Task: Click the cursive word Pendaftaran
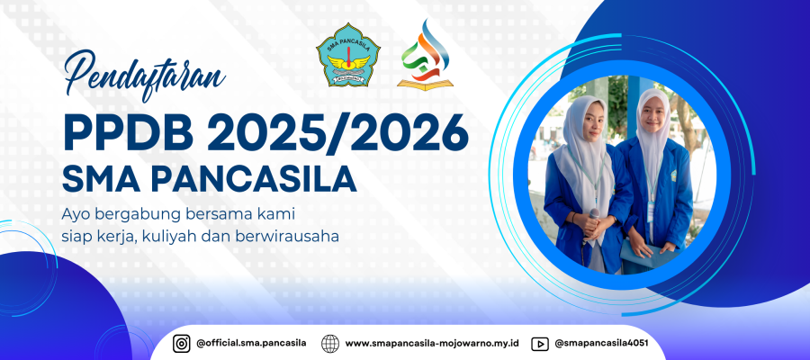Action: [x=145, y=76]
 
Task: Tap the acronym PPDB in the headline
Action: [x=128, y=134]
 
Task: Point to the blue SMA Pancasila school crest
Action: [x=348, y=54]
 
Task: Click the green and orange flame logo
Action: [x=425, y=55]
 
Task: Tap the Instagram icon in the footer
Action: [x=181, y=343]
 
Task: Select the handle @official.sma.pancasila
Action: [x=252, y=343]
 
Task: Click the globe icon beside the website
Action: [x=330, y=344]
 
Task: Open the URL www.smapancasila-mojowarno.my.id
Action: [x=432, y=344]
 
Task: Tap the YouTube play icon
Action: [x=540, y=344]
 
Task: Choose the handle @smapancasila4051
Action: [x=601, y=343]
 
